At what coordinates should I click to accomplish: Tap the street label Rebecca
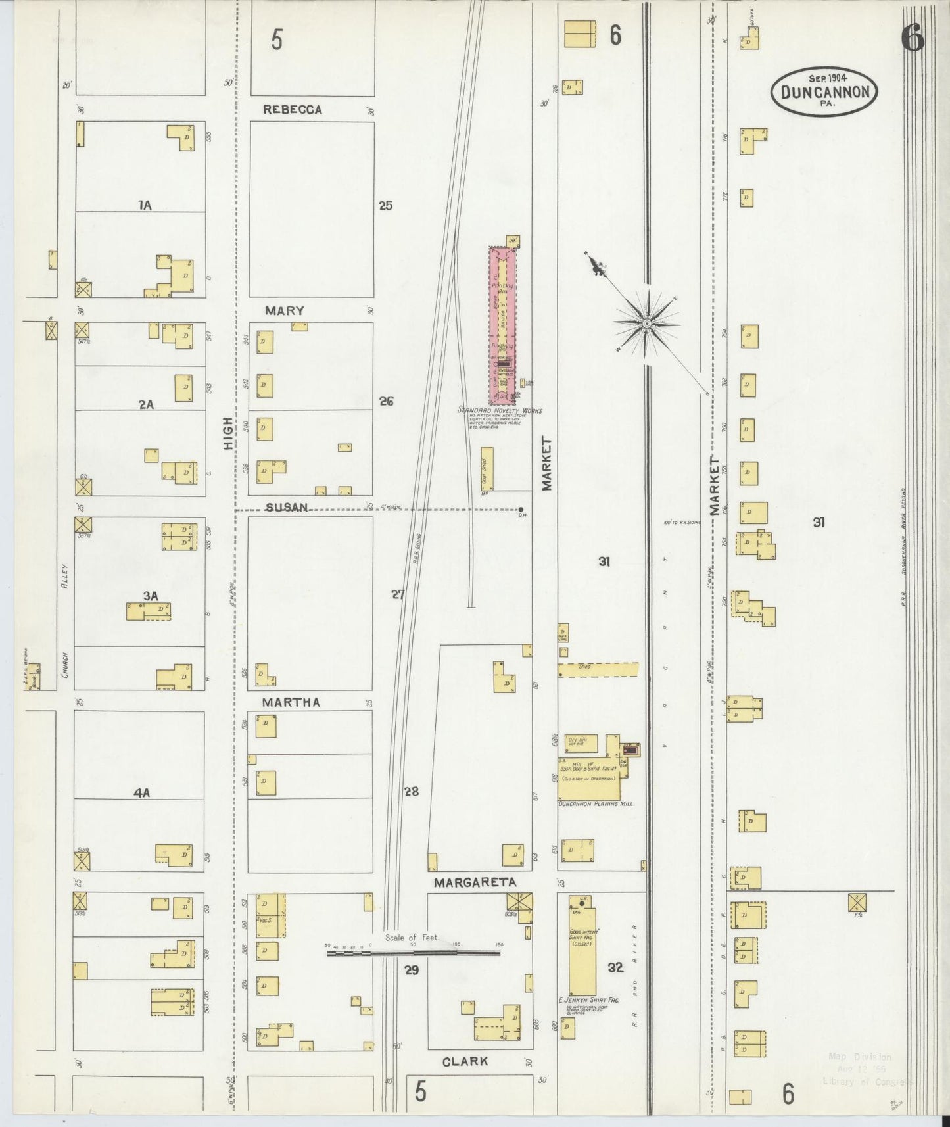point(293,110)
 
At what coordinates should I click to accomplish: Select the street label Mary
point(284,310)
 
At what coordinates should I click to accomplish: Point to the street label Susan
point(287,507)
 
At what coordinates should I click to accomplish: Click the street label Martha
point(291,702)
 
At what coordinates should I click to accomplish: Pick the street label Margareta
point(474,882)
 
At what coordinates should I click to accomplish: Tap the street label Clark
point(465,1061)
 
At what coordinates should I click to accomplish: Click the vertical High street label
point(228,433)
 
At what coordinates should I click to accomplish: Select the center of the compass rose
point(646,323)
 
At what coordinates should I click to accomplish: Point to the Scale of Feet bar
point(414,951)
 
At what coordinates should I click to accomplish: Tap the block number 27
point(398,594)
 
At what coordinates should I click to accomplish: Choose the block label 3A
point(151,596)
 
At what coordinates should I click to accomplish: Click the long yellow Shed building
point(598,669)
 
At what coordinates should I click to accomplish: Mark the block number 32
point(615,967)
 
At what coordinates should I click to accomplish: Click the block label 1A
point(145,205)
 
